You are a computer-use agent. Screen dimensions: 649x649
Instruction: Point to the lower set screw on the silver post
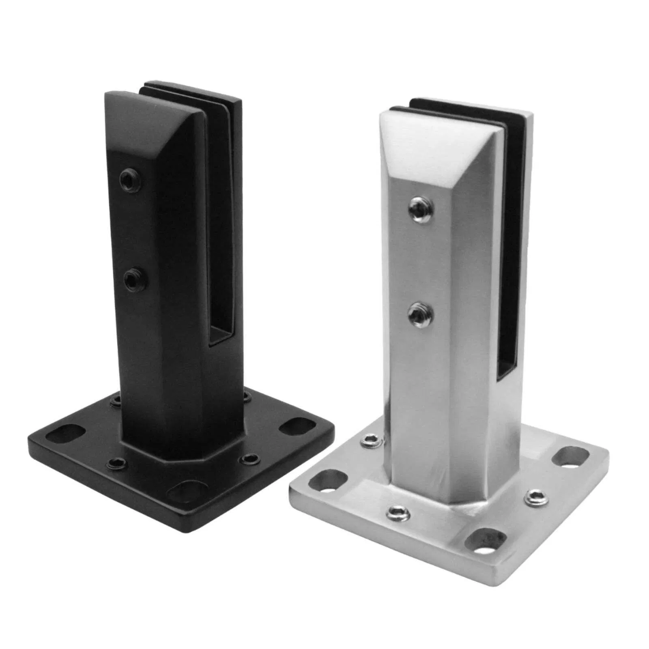click(419, 314)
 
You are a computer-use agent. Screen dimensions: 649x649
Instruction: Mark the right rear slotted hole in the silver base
click(571, 457)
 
